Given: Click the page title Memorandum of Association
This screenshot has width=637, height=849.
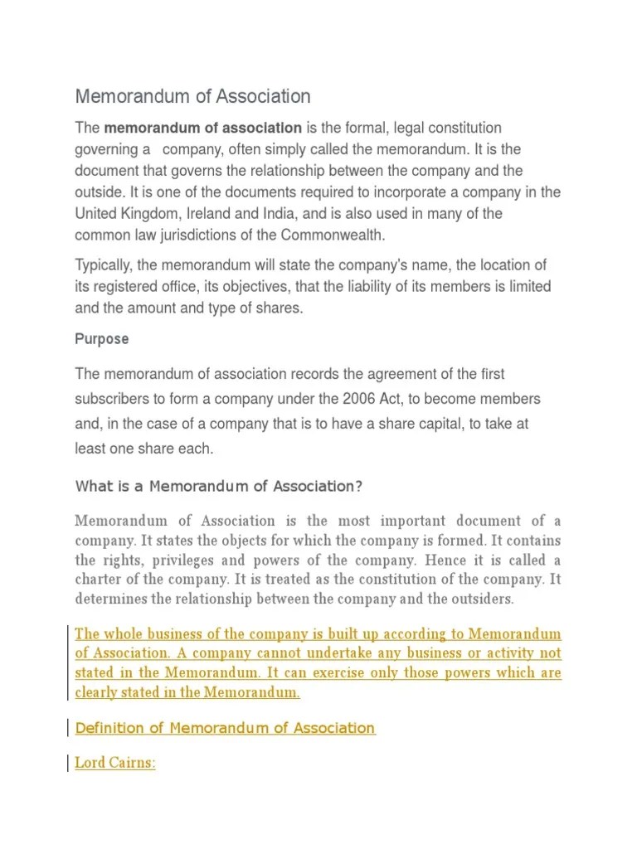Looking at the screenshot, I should (192, 96).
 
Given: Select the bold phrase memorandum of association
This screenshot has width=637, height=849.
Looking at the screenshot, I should (202, 128).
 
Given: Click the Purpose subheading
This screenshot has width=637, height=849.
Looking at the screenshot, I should (102, 339).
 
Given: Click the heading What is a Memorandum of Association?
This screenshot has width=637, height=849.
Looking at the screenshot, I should (219, 486).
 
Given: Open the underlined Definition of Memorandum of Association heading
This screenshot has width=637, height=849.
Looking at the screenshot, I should (225, 728).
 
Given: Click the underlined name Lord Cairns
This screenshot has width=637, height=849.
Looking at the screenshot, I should (114, 762).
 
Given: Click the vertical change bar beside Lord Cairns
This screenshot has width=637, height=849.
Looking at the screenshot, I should (68, 762).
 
